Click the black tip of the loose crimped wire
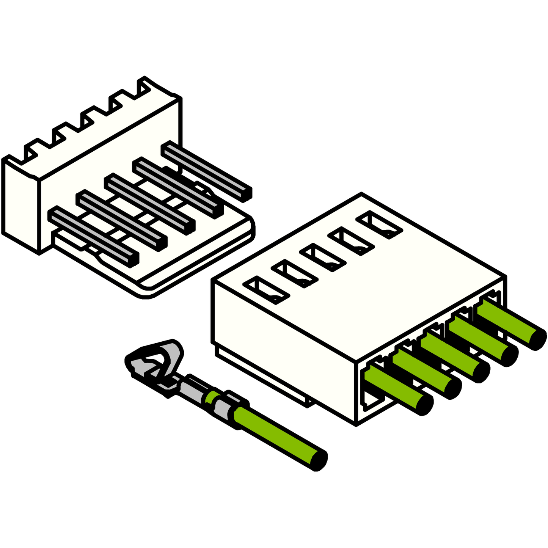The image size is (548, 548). pyautogui.click(x=320, y=460)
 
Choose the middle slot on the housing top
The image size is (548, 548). pyautogui.click(x=323, y=257)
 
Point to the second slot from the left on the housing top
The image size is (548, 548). pyautogui.click(x=295, y=274)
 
